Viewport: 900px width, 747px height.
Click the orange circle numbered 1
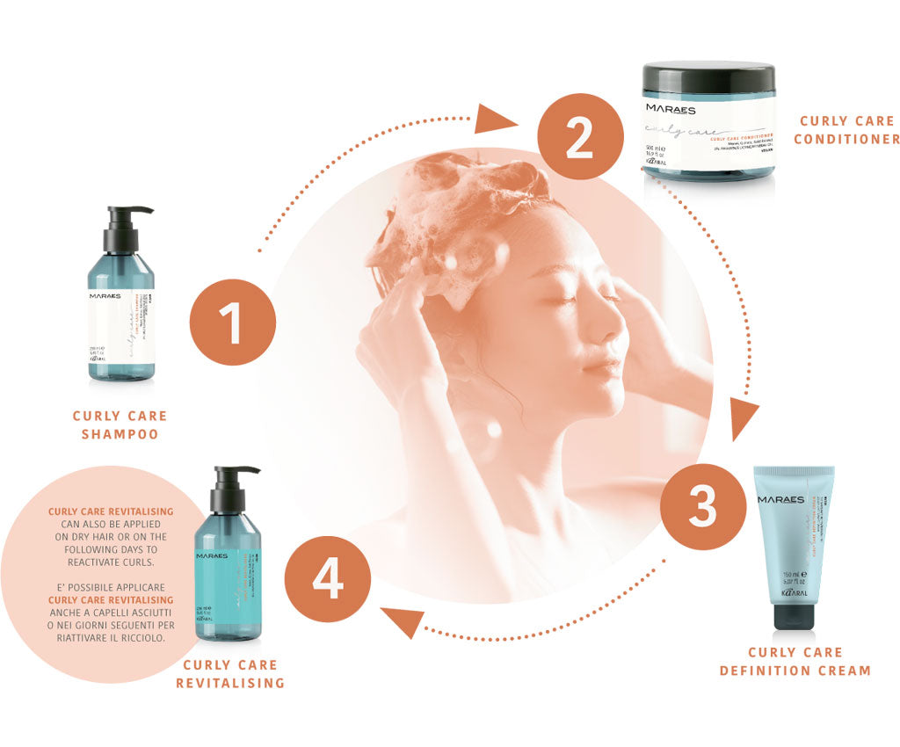tap(231, 322)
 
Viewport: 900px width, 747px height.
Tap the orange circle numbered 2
tap(578, 139)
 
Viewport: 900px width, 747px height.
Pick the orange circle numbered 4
tap(327, 579)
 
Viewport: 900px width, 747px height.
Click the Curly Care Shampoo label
tap(120, 424)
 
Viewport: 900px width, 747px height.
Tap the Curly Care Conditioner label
tap(848, 130)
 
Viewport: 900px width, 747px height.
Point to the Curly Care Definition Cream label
tap(795, 661)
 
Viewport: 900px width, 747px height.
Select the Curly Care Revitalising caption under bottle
tap(230, 673)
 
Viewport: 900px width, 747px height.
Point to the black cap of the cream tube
tap(797, 614)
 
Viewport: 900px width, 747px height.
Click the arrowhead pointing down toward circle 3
tap(744, 420)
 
